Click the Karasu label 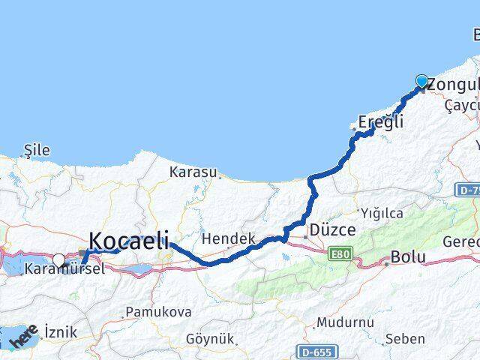point(193,172)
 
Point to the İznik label point(61,331)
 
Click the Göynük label point(210,338)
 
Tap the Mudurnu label point(345,322)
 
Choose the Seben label point(405,339)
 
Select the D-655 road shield point(316,351)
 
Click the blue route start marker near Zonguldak point(421,81)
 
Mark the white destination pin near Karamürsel point(58,260)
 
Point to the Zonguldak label point(453,85)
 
